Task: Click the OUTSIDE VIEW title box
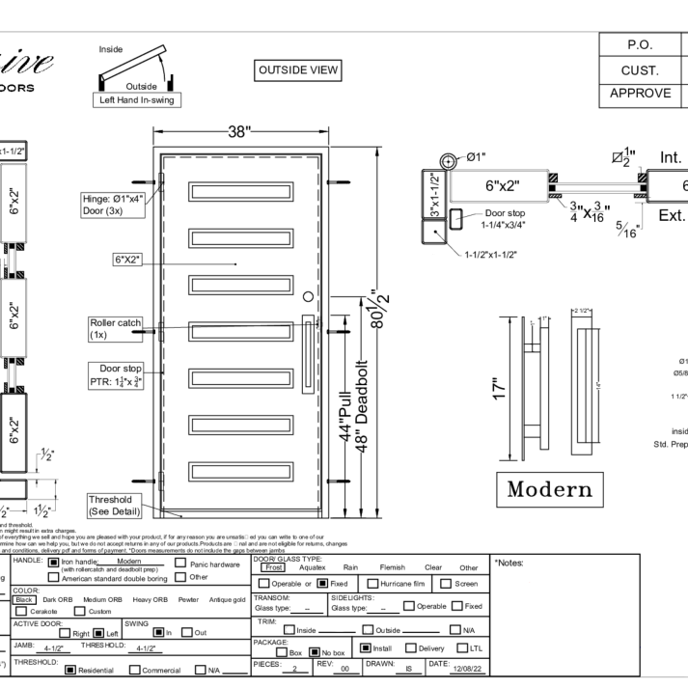click(298, 70)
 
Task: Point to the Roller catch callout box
click(116, 330)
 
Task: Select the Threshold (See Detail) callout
click(115, 504)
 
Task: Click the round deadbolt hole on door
click(308, 296)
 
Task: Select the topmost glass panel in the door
click(237, 191)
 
